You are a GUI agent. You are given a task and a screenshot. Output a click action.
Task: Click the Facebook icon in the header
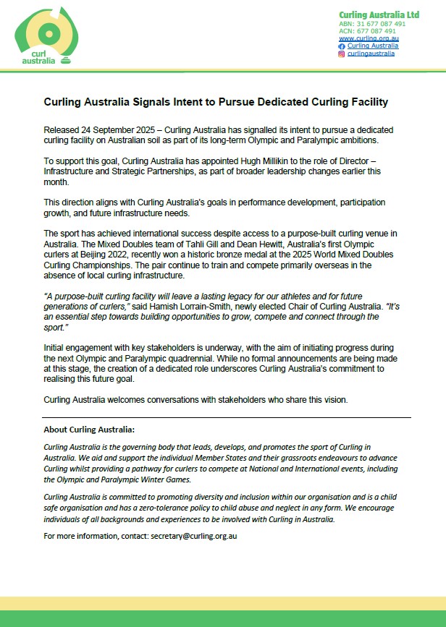coord(342,46)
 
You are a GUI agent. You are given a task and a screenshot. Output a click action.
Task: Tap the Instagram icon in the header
coord(342,54)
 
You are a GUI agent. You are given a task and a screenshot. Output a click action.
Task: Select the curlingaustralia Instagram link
coord(371,54)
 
